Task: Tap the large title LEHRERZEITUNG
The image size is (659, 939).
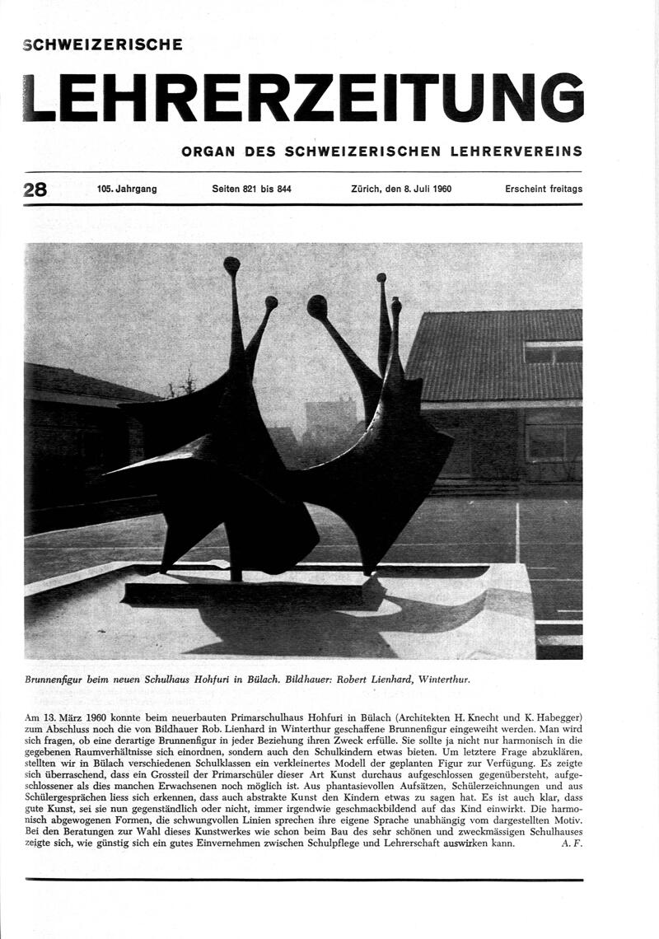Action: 303,97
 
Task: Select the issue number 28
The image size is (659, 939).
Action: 35,189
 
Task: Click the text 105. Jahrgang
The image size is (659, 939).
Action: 126,189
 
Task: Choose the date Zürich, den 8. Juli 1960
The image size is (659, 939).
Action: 401,189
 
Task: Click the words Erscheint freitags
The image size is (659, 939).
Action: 544,189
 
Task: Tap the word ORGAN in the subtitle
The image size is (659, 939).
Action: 208,152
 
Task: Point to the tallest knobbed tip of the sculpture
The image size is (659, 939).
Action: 231,265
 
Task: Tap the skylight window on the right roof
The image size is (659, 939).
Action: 553,353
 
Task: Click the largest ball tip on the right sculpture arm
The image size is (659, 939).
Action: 317,306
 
